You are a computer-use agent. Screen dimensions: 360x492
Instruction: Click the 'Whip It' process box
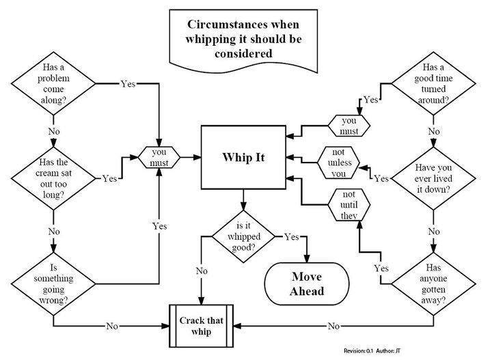click(x=243, y=157)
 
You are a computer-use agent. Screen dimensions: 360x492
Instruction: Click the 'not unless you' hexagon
click(x=340, y=163)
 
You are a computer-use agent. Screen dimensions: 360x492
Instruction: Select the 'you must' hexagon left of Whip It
click(x=159, y=156)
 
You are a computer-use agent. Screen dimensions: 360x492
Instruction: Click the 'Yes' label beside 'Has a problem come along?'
click(x=128, y=84)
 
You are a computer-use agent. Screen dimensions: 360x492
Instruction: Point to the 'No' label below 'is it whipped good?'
click(x=202, y=271)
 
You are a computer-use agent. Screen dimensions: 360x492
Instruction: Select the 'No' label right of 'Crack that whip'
click(x=334, y=327)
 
